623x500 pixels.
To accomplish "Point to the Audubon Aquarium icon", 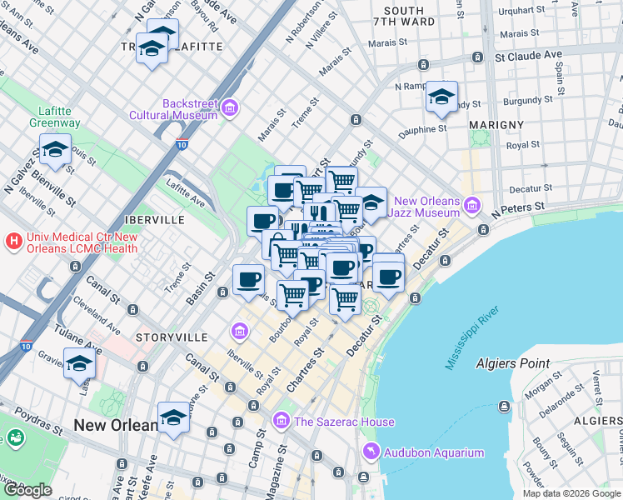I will [x=370, y=452].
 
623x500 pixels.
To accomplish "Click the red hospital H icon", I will [x=13, y=242].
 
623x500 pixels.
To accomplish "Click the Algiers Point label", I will [x=512, y=363].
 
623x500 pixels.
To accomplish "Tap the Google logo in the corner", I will [x=27, y=490].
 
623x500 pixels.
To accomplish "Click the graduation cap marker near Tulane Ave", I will [x=80, y=363].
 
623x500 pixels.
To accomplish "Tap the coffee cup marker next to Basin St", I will [x=248, y=279].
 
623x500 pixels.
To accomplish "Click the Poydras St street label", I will [x=33, y=420].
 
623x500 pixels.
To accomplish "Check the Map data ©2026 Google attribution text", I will [x=571, y=493].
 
